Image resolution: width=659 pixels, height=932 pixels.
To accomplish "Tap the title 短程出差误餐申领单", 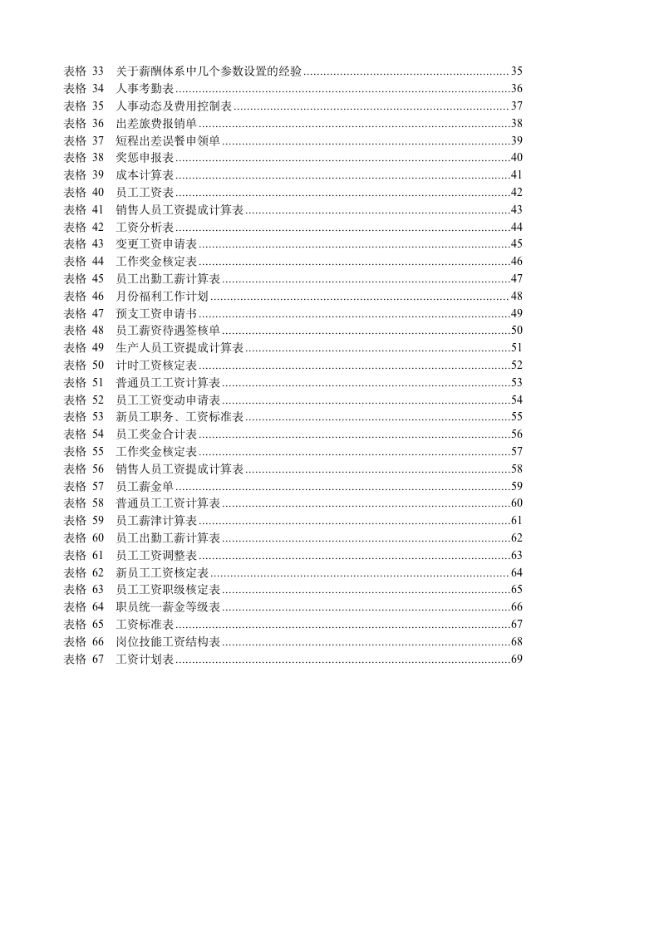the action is click(168, 140).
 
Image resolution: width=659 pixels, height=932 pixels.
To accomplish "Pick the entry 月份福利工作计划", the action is click(162, 296).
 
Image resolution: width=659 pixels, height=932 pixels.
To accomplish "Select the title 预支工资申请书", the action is click(156, 313).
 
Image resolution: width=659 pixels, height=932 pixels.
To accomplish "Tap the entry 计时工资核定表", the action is click(156, 365).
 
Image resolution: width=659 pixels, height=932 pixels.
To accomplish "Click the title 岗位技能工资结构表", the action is click(168, 641).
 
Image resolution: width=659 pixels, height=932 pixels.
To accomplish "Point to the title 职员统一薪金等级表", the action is click(168, 607).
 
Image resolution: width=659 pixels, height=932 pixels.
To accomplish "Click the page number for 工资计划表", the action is click(516, 659).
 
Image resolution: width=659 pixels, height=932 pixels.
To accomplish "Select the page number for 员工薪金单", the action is click(516, 486).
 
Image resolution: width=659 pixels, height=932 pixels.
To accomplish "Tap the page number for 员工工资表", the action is click(516, 192).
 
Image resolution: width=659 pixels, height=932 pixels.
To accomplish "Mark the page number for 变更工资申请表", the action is click(516, 243).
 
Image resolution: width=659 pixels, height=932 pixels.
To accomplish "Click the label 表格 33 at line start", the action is click(84, 71).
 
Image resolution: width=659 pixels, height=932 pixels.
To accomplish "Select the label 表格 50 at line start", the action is click(84, 365).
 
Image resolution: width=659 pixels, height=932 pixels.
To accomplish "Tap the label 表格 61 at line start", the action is click(84, 555).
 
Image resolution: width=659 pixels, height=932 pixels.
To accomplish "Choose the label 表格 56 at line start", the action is click(84, 468).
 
